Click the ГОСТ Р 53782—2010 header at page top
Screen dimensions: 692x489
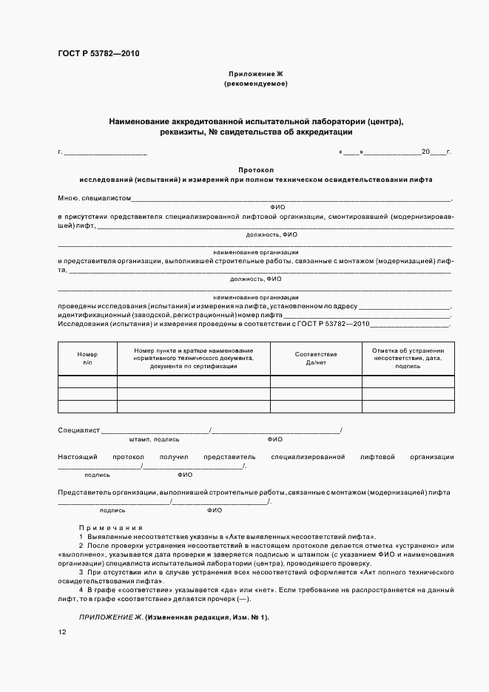(98, 54)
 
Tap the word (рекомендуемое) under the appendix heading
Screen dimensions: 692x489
(255, 84)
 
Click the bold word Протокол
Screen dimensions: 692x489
(255, 169)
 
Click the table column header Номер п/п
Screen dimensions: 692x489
(87, 359)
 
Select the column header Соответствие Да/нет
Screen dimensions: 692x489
(316, 359)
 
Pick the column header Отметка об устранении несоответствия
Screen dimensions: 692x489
(408, 358)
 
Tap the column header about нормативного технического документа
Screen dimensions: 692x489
(194, 358)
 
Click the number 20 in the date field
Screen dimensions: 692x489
(425, 152)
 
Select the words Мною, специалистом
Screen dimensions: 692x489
(94, 198)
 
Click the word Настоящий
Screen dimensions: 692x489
(75, 457)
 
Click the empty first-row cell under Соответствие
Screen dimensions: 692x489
(316, 382)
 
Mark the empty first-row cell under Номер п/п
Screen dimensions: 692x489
(87, 382)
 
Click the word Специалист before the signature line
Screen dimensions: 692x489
(78, 430)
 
